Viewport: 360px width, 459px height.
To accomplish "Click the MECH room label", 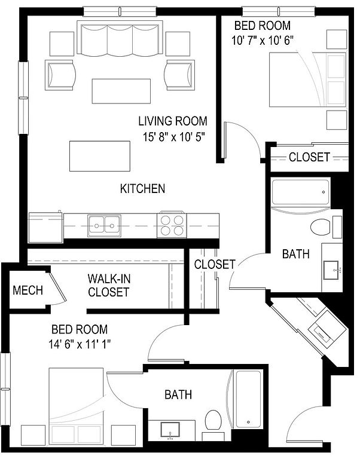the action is [x=28, y=290].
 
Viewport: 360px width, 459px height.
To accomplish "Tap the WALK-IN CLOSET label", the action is [x=109, y=286].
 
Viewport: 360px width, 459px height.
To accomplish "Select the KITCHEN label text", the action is [x=143, y=188].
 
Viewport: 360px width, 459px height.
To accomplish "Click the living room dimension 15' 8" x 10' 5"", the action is [x=173, y=137].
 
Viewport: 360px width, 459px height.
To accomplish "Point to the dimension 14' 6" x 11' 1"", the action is [x=80, y=344].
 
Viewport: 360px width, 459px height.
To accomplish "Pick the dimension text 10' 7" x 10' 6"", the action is [x=263, y=41].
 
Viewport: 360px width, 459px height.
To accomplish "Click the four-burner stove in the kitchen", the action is [x=172, y=225].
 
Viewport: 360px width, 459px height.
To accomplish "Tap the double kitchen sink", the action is [x=104, y=225].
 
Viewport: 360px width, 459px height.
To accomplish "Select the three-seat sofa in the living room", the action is [x=120, y=38].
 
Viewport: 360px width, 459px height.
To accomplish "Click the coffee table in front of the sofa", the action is [x=121, y=91].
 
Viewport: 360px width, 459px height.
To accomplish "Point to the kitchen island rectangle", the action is [x=100, y=156].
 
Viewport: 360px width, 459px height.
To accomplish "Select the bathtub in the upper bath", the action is [x=301, y=192].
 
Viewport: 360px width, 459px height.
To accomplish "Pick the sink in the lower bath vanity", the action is [x=170, y=430].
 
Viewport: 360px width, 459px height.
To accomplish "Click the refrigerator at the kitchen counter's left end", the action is [x=45, y=227].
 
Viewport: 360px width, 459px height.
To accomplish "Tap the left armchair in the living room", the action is [x=60, y=75].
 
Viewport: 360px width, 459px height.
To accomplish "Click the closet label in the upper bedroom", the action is [x=309, y=157].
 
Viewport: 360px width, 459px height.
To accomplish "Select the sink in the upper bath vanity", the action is [x=331, y=270].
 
